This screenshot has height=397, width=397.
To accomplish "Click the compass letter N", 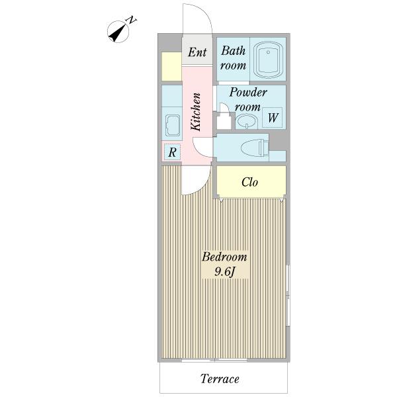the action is click(x=131, y=21).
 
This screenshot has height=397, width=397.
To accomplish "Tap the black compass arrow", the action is click(x=118, y=33).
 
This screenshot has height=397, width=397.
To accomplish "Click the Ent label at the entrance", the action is click(x=197, y=52).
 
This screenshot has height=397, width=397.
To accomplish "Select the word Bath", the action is click(x=233, y=50).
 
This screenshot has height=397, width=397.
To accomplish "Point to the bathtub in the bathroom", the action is click(x=267, y=60).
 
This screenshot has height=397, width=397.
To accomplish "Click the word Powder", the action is click(x=248, y=93).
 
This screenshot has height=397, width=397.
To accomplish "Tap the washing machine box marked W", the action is click(x=273, y=117).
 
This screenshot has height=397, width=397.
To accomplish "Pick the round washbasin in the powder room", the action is click(x=246, y=122).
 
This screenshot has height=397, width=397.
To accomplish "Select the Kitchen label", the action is click(x=196, y=112).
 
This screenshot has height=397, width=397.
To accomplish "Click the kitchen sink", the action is click(x=172, y=126).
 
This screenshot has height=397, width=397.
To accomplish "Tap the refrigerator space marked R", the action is click(x=172, y=152).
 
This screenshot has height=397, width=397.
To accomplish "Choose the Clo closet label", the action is click(x=249, y=182).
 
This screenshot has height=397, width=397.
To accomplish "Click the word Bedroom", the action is click(x=224, y=257).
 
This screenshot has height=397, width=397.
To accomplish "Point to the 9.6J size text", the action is click(x=225, y=272).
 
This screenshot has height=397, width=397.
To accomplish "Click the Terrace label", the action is click(x=220, y=379).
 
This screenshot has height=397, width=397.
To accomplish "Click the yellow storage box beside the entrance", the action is click(x=171, y=66).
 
